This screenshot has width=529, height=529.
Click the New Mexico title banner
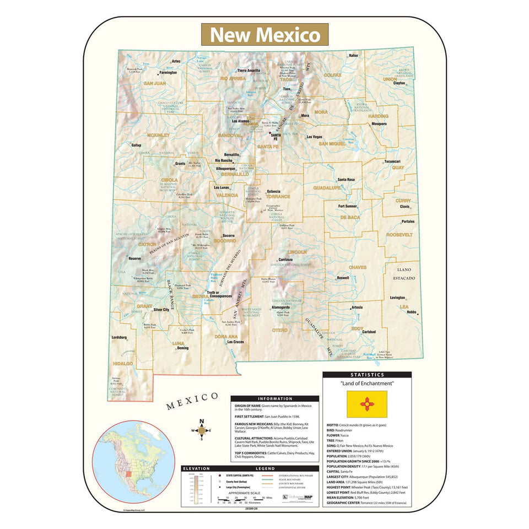[x=264, y=34]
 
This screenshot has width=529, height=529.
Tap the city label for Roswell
[x=343, y=278]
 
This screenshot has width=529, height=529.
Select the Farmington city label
[x=168, y=72]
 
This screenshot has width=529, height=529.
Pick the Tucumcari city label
[x=392, y=161]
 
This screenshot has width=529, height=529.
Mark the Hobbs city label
[x=411, y=312]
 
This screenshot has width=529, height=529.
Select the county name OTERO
[x=280, y=330]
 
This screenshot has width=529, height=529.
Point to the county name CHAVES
[x=357, y=267]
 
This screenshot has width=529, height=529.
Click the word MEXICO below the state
[x=192, y=401]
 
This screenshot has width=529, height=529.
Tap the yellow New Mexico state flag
[x=367, y=404]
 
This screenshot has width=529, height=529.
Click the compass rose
[x=202, y=430]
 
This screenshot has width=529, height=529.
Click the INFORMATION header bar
[x=274, y=398]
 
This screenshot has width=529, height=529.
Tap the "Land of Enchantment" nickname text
[x=367, y=383]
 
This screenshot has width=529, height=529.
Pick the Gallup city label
[x=136, y=145]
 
